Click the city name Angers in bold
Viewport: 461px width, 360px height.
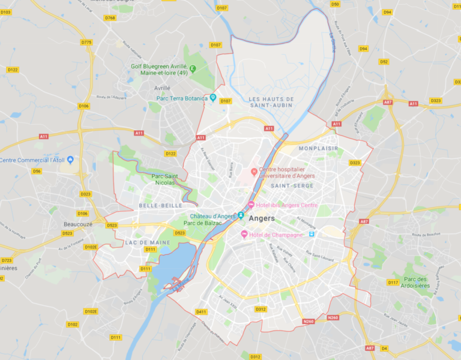pos(261,218)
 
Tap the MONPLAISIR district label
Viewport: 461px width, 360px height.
pos(318,148)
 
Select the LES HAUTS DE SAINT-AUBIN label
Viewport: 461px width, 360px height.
pos(271,102)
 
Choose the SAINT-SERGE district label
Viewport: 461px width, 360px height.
pos(292,186)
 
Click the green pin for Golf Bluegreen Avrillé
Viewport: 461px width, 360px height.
pos(193,69)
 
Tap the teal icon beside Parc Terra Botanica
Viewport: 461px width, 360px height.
pos(212,98)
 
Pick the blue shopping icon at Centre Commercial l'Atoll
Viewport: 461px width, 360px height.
pos(70,160)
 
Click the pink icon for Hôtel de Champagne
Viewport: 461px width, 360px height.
pos(244,234)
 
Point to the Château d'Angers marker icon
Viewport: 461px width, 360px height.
pos(241,216)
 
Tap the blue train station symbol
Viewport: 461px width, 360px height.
pos(312,234)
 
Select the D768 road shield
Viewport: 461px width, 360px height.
pos(110,18)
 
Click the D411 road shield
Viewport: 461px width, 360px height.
pos(201,311)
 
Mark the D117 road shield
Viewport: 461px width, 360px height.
pos(393,282)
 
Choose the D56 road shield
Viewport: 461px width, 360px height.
pos(37,171)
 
